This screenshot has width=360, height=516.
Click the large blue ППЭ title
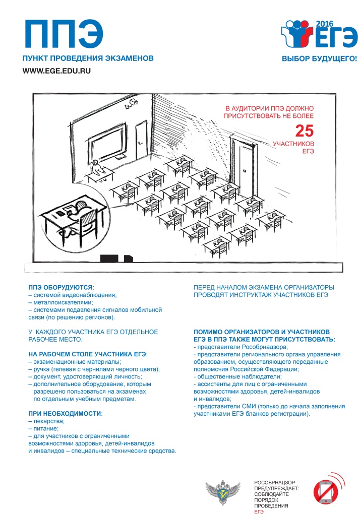click(x=64, y=34)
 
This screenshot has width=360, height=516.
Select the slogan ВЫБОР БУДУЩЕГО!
click(x=319, y=59)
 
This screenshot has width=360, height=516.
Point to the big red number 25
click(x=304, y=131)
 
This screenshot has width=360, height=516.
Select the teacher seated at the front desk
click(x=96, y=166)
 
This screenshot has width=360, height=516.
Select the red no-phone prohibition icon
click(x=326, y=491)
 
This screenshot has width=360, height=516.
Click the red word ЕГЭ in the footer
click(x=259, y=510)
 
